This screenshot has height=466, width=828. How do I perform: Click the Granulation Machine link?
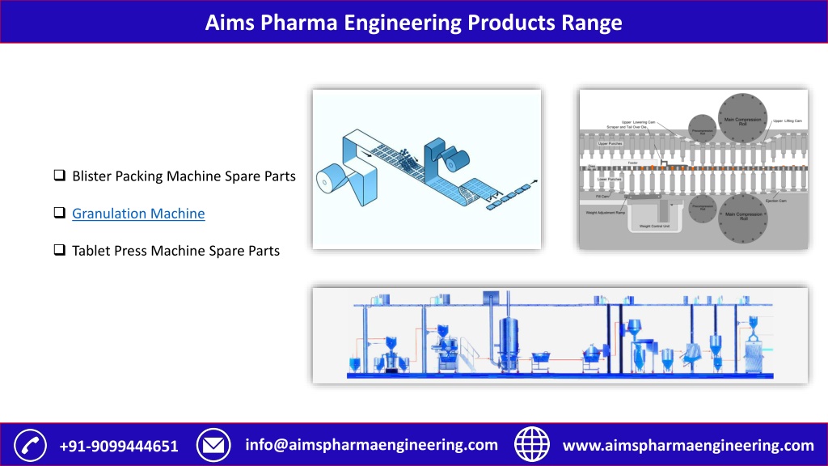click(138, 214)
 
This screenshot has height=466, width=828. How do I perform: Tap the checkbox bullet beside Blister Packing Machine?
click(59, 176)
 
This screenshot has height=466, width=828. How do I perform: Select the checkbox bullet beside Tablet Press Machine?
click(59, 251)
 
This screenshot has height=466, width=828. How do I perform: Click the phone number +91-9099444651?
click(120, 446)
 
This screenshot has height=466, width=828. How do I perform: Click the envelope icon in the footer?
click(214, 445)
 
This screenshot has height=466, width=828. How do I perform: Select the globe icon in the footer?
click(531, 445)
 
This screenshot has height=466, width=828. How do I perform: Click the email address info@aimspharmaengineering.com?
click(371, 445)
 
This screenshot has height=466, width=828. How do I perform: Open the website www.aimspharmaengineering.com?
click(688, 446)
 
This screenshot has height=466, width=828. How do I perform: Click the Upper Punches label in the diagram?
click(610, 144)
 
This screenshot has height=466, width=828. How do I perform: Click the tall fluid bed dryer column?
click(508, 340)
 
